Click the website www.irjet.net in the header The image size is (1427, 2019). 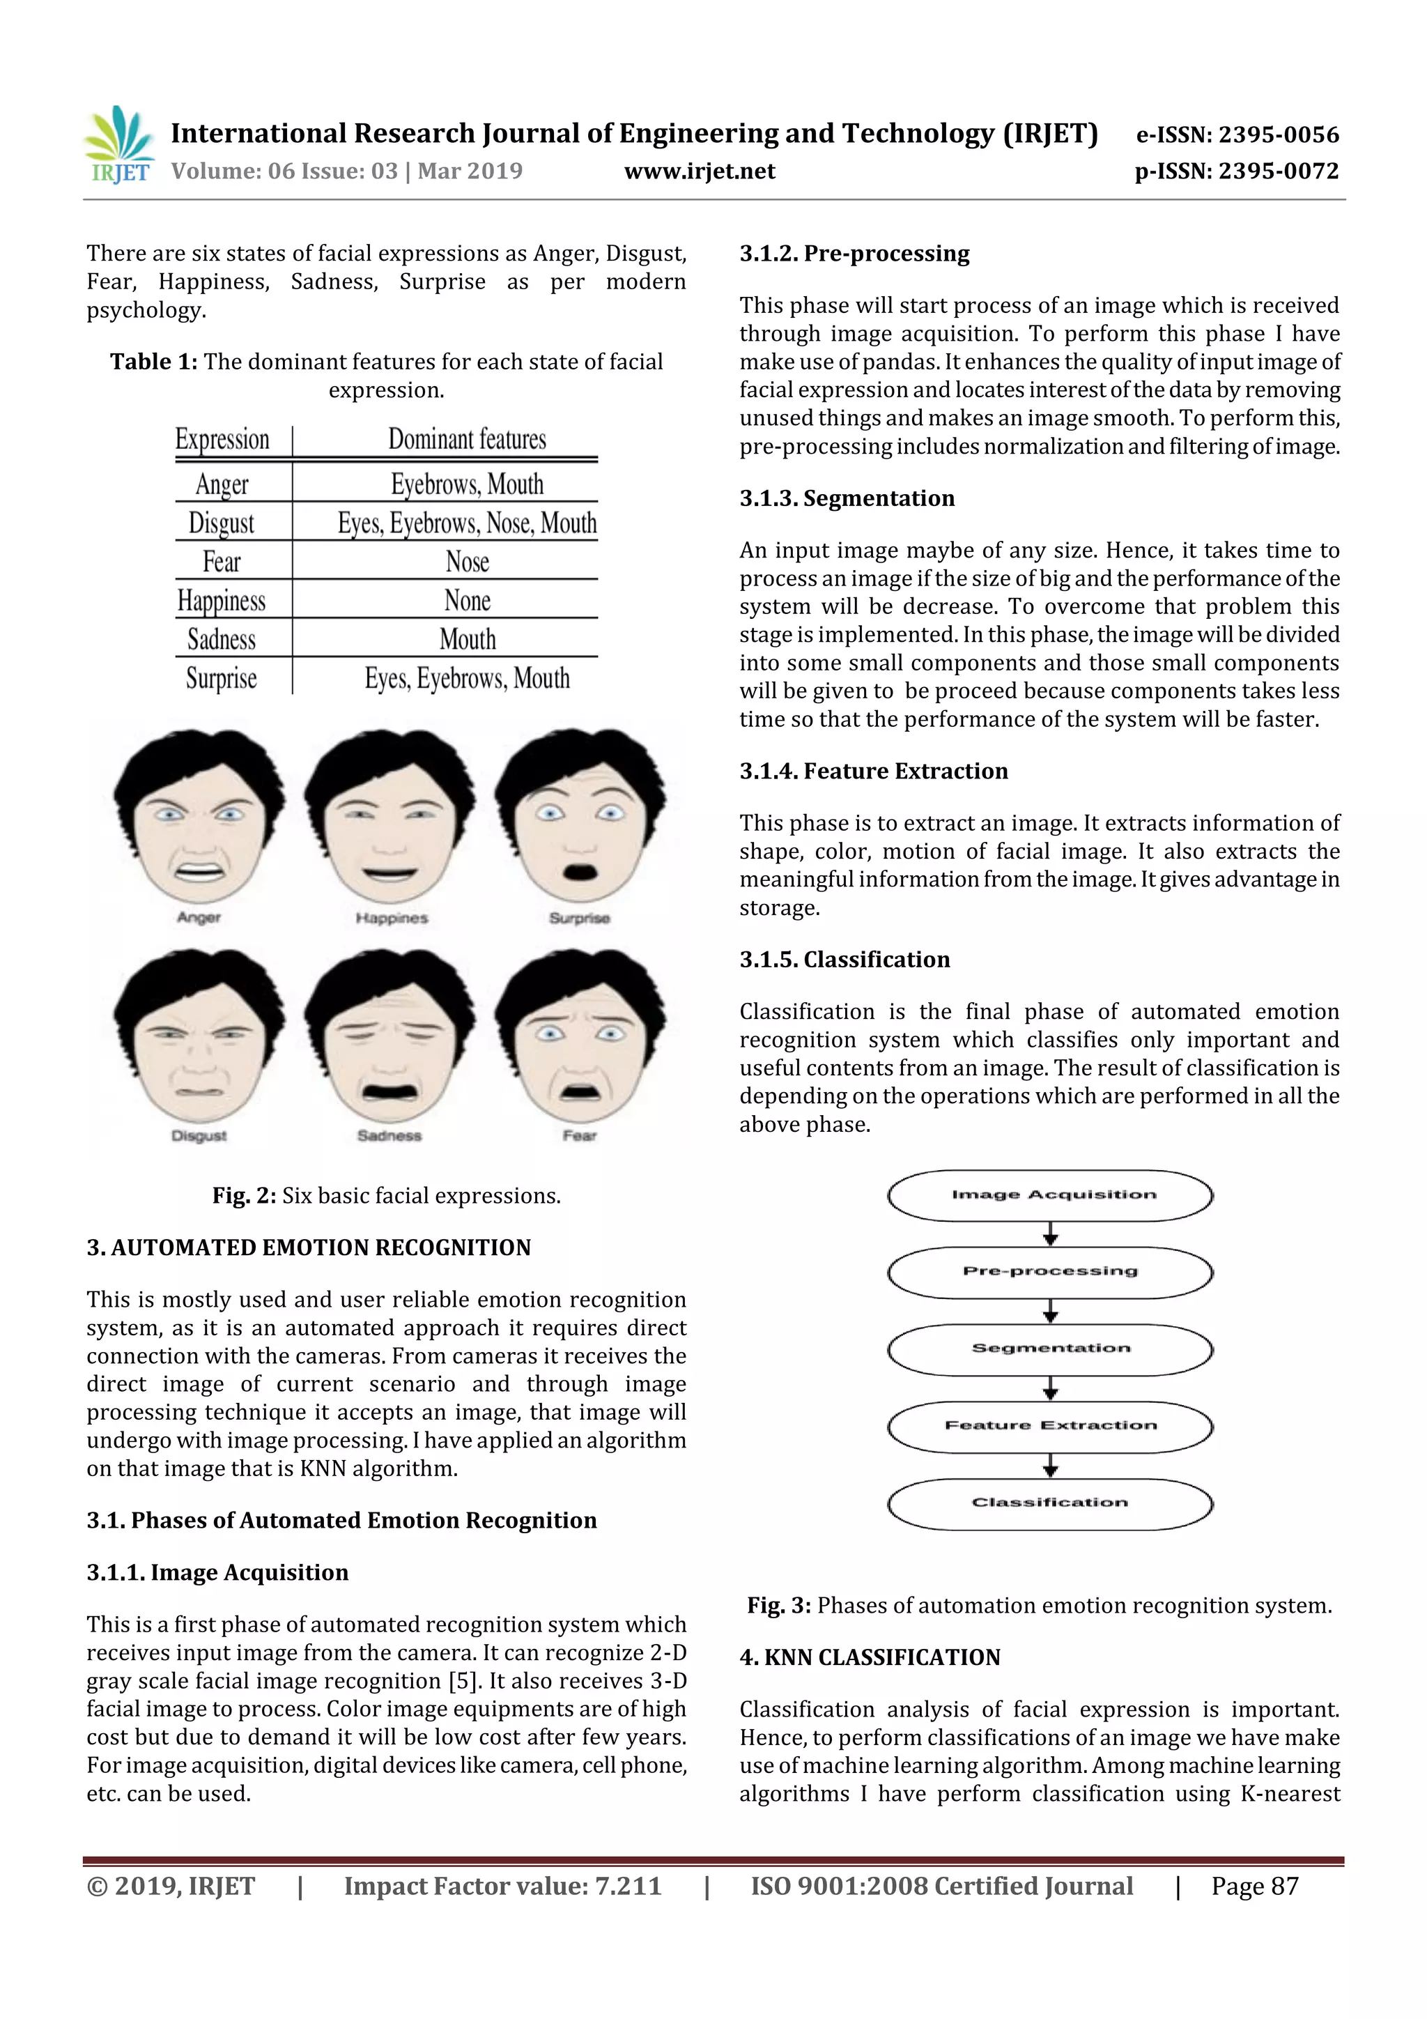[699, 171]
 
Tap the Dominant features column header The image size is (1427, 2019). [467, 439]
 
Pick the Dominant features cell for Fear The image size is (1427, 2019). [467, 561]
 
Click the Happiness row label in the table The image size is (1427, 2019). [222, 601]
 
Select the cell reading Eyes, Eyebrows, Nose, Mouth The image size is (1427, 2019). [467, 523]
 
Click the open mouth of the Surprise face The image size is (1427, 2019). [578, 873]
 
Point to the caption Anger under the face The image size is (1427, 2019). [199, 917]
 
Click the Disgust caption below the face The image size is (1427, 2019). [199, 1135]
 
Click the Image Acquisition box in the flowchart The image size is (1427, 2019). [1051, 1195]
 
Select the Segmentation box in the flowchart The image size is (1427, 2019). [1051, 1348]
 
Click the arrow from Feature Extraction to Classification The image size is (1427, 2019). [1051, 1465]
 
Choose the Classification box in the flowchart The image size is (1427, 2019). [1051, 1503]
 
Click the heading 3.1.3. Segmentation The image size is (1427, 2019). [847, 498]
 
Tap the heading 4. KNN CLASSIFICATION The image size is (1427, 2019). [870, 1657]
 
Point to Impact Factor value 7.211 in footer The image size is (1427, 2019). [502, 1886]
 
